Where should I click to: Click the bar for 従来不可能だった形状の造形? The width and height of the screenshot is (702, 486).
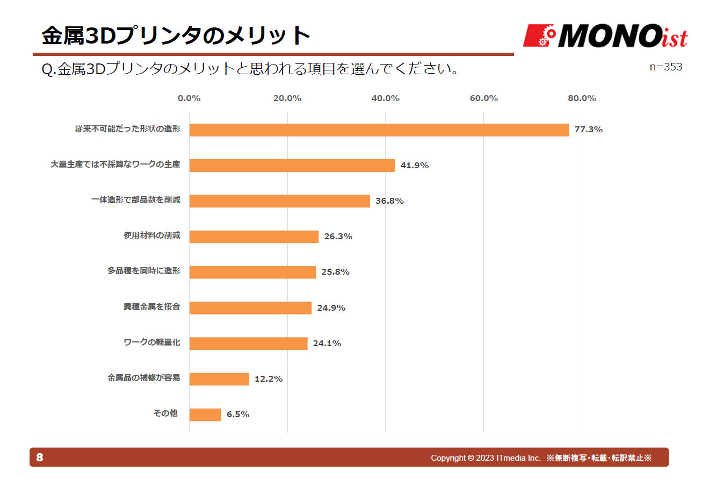(x=379, y=130)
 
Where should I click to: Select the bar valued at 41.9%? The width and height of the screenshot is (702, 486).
(x=292, y=165)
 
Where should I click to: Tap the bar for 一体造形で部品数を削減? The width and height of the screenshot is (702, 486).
(x=279, y=201)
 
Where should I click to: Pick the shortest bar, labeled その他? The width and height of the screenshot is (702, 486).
(x=205, y=414)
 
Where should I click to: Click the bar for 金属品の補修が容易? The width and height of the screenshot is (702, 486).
(x=219, y=379)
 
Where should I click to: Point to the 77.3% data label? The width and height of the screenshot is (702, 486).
(x=588, y=130)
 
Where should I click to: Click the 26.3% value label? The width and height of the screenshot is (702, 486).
(x=338, y=237)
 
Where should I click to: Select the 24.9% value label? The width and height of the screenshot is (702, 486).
(x=331, y=308)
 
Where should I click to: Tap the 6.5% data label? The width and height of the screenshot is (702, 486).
(x=237, y=414)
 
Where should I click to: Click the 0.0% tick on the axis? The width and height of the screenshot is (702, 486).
(x=189, y=98)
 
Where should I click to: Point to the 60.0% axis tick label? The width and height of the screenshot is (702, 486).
(x=483, y=98)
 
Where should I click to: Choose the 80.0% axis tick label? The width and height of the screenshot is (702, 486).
(x=582, y=98)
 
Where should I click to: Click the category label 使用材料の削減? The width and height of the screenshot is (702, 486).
(x=151, y=235)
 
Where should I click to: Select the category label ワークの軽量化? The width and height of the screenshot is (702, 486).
(x=151, y=342)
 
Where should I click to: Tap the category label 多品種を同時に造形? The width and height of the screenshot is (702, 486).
(x=143, y=271)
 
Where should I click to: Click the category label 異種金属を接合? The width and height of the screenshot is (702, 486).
(x=151, y=307)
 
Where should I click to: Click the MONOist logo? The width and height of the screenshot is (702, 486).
(x=605, y=36)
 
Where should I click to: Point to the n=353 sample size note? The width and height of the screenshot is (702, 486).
(x=665, y=67)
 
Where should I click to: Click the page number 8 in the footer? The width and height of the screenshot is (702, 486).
(x=40, y=458)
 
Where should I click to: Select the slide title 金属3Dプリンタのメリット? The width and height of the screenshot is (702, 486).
(x=176, y=36)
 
